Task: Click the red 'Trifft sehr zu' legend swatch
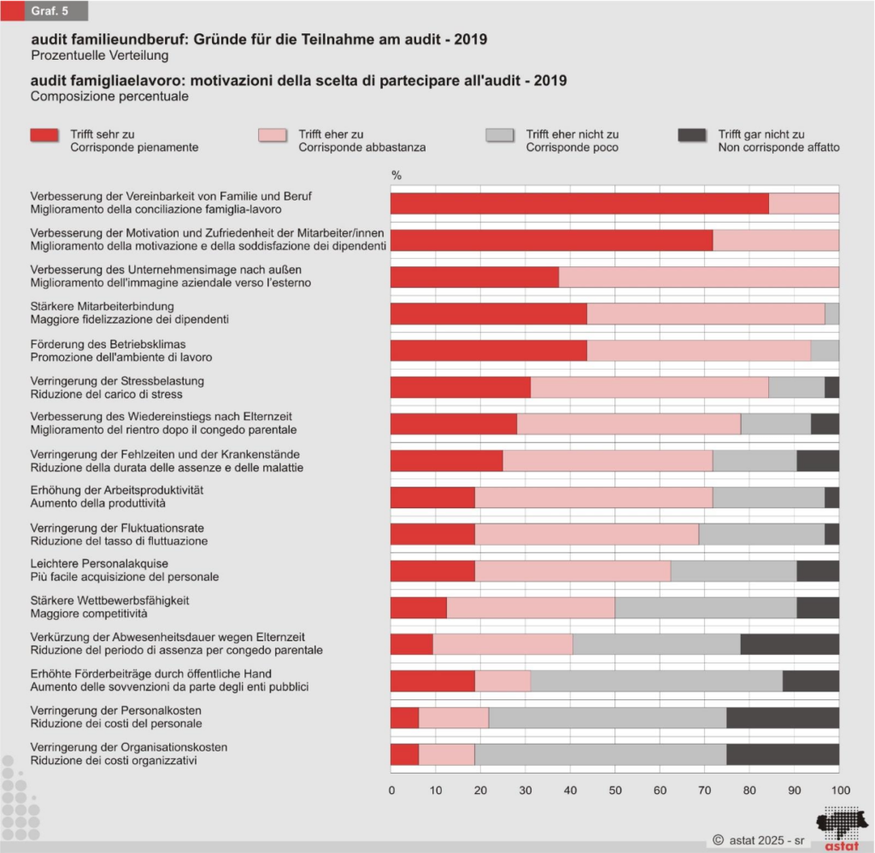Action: pyautogui.click(x=44, y=135)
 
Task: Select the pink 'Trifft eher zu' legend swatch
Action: pyautogui.click(x=272, y=135)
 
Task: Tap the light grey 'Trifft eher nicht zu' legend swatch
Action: pyautogui.click(x=499, y=135)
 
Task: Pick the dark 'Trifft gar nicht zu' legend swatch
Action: pyautogui.click(x=691, y=135)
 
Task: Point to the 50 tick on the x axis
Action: pyautogui.click(x=615, y=789)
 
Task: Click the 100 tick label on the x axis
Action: pyautogui.click(x=839, y=789)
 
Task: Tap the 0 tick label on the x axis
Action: pyautogui.click(x=391, y=789)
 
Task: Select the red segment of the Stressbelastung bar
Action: pyautogui.click(x=461, y=387)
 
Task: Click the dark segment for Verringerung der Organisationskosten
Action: pyautogui.click(x=783, y=754)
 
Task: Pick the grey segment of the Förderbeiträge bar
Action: pyautogui.click(x=656, y=681)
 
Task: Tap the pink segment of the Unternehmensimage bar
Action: pyautogui.click(x=699, y=277)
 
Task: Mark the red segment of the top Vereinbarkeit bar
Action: pyautogui.click(x=579, y=203)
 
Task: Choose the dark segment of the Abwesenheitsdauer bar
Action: pyautogui.click(x=790, y=644)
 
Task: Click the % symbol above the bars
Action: pyautogui.click(x=396, y=175)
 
